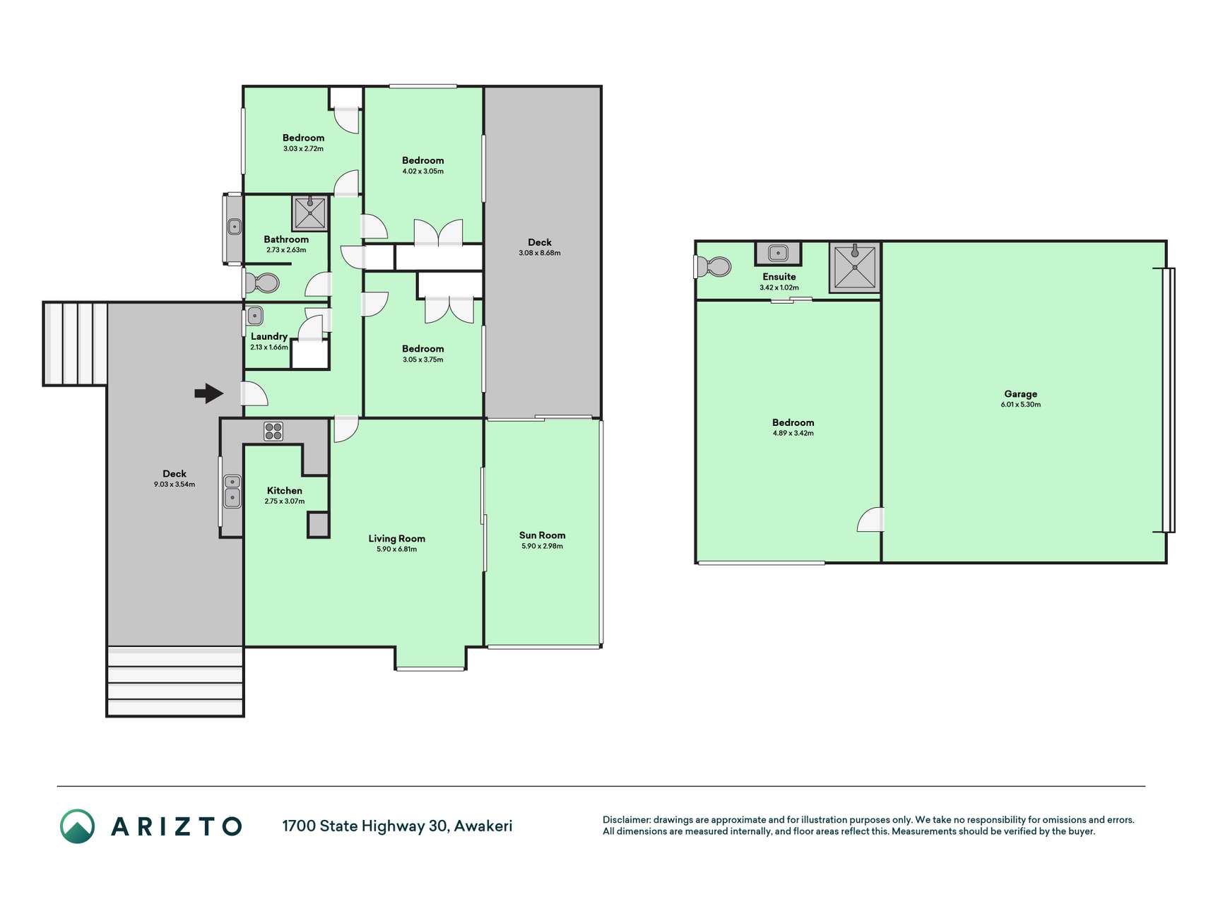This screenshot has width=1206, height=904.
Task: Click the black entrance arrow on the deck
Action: [x=208, y=393]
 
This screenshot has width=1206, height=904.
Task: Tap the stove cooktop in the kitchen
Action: [x=273, y=432]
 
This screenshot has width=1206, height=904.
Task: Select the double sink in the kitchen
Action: [x=232, y=492]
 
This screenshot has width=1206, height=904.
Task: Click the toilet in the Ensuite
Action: [x=713, y=267]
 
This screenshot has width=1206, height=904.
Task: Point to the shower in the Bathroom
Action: [x=310, y=214]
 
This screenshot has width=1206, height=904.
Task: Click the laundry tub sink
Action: [x=255, y=316]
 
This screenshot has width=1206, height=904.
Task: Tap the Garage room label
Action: [x=1020, y=394]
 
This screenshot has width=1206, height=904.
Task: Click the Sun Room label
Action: [x=542, y=535]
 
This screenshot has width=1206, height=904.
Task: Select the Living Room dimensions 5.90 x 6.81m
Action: [x=396, y=549]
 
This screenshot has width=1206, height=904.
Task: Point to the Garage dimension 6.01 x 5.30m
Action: [x=1020, y=405]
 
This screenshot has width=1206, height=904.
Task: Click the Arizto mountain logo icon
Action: [x=77, y=826]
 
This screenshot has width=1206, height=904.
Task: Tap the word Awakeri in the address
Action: [x=483, y=826]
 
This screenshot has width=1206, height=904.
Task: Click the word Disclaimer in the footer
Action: [x=626, y=820]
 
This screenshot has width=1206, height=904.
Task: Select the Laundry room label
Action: [x=268, y=337]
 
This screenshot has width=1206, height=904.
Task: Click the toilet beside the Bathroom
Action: [x=261, y=284]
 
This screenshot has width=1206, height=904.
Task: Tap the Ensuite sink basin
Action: [x=778, y=252]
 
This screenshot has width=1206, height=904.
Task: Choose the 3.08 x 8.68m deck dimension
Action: [x=539, y=253]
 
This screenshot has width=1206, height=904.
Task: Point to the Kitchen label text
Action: [x=284, y=491]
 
